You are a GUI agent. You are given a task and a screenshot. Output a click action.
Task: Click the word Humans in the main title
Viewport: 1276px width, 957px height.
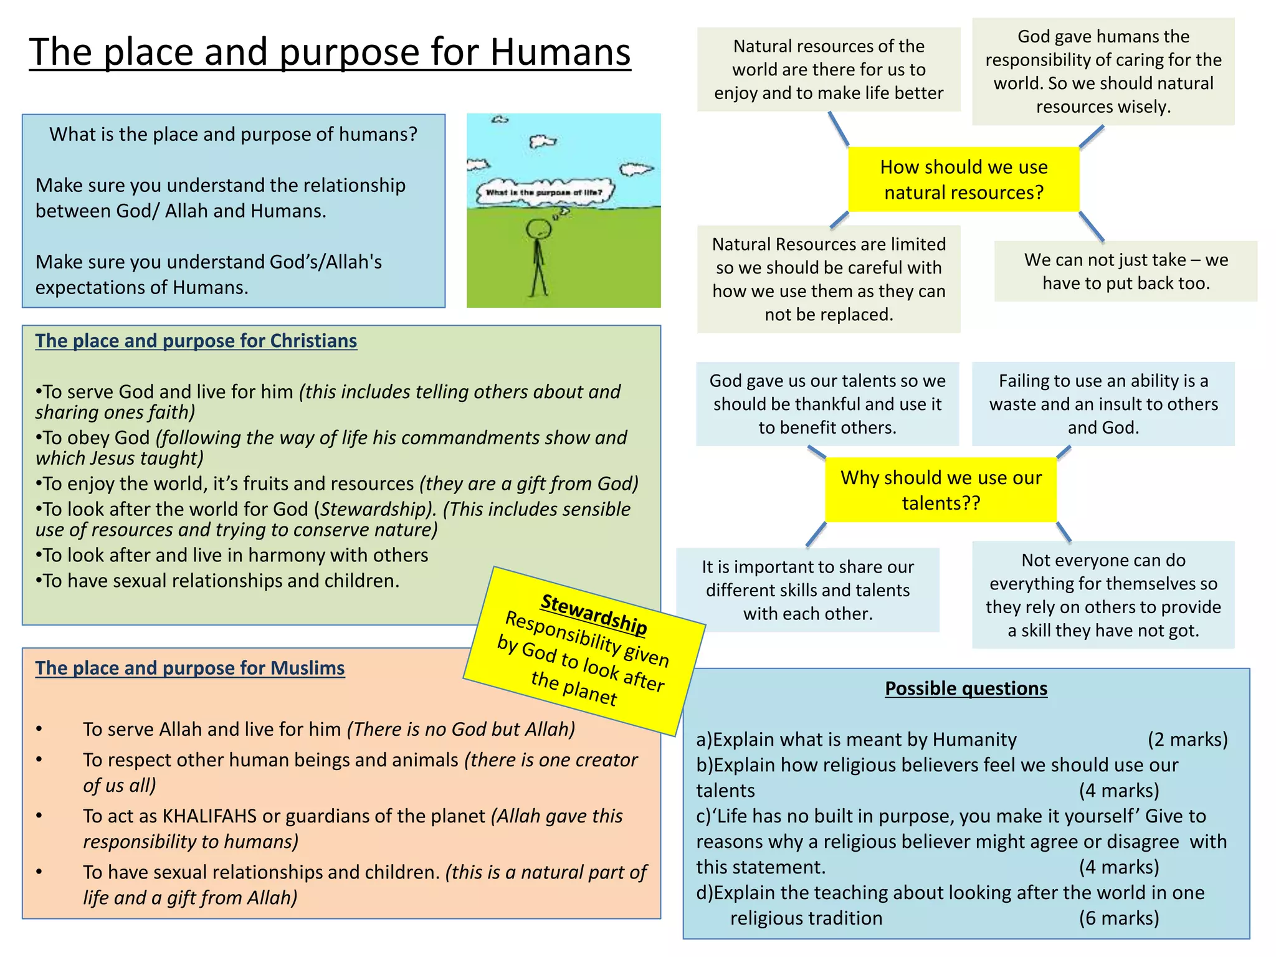coord(559,52)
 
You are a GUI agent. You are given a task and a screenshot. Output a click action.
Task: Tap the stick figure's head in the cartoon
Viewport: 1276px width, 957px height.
coord(538,230)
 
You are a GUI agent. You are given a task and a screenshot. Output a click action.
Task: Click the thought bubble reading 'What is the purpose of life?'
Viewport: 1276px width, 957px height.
coord(544,193)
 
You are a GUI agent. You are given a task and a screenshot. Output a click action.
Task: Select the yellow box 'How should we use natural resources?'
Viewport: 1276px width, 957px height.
coord(963,179)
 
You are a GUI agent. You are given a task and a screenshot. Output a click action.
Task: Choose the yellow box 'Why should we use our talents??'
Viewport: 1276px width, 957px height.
coord(941,490)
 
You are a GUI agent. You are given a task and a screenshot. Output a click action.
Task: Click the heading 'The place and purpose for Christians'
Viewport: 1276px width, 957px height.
coord(196,341)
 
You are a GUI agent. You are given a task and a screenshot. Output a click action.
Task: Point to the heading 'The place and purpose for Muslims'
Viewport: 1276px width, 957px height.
coord(189,668)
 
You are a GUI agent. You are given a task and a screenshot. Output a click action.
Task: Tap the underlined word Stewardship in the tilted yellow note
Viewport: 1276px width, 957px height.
coord(594,614)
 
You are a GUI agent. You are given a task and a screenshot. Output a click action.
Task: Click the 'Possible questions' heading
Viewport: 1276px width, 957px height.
coord(966,688)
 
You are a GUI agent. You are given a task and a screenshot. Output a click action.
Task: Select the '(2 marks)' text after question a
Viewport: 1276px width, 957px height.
coord(1188,740)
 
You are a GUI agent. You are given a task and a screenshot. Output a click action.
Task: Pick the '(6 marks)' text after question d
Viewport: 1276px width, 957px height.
coord(1119,918)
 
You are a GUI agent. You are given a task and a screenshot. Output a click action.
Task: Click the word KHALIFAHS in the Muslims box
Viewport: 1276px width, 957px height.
coord(209,816)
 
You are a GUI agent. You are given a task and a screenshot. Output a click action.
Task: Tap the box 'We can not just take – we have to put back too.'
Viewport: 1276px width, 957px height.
coord(1125,272)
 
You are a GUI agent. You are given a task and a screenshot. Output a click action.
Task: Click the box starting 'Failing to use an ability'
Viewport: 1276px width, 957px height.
coord(1103,404)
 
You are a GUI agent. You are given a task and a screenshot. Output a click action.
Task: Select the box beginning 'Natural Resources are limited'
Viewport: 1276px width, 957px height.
coord(829,279)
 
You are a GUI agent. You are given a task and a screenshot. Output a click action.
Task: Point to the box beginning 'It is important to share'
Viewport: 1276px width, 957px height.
coord(807,590)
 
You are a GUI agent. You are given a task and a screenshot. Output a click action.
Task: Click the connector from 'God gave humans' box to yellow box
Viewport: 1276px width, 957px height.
coord(1092,136)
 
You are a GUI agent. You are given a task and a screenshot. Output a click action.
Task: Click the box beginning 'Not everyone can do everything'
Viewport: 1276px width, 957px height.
coord(1103,595)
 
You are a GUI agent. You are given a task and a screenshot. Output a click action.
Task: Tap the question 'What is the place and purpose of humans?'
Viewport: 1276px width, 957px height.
coord(233,135)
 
